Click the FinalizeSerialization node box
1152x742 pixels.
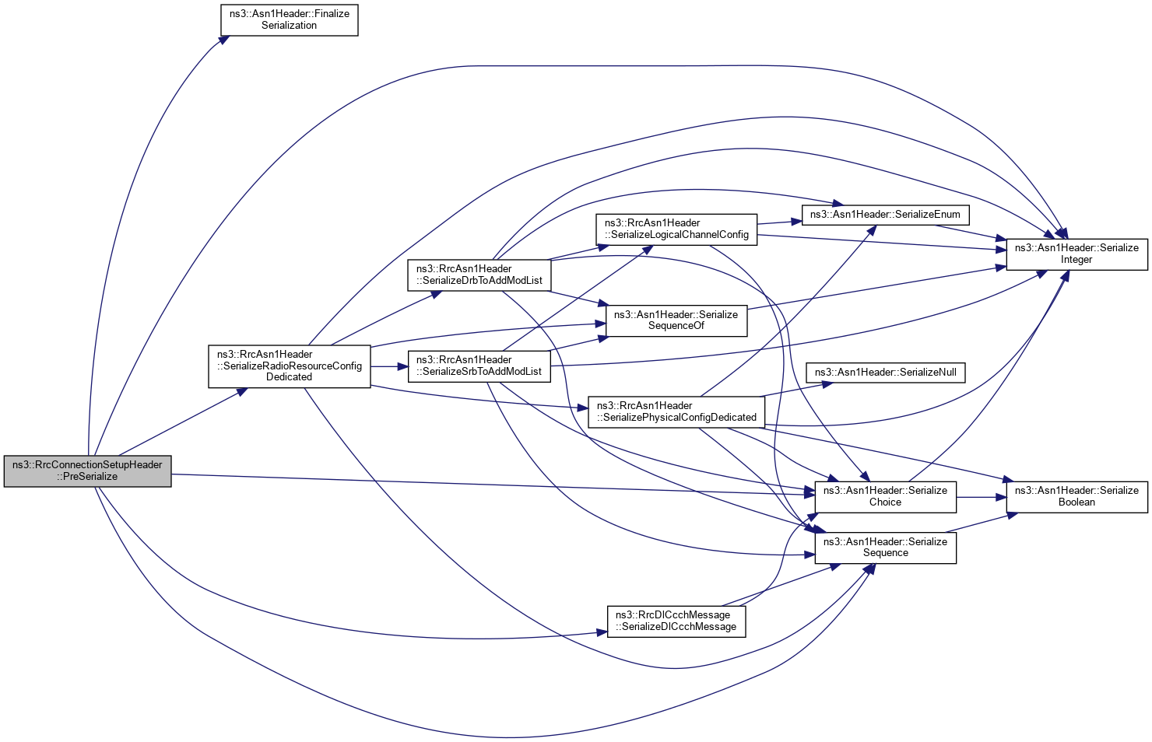[x=289, y=20]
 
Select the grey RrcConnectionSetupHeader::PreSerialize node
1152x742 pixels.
[x=87, y=471]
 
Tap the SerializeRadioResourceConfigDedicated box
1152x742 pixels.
[x=289, y=366]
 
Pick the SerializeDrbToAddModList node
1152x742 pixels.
[x=479, y=275]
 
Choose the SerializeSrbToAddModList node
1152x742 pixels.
[x=479, y=366]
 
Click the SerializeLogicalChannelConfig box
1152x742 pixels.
[x=676, y=229]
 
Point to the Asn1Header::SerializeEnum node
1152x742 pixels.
[x=885, y=215]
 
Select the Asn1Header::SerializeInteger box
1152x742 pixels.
[x=1076, y=254]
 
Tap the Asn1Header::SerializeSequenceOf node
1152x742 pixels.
[x=676, y=320]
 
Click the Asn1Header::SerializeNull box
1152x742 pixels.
[x=885, y=373]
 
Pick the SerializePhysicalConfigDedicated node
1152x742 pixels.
[x=676, y=411]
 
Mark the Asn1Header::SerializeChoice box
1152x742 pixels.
[x=885, y=496]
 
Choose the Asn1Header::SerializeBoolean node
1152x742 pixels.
[x=1076, y=496]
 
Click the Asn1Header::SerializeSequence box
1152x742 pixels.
[x=885, y=548]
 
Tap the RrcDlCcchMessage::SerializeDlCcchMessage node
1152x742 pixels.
[x=676, y=621]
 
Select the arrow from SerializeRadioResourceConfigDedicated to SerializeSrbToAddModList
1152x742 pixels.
[x=389, y=366]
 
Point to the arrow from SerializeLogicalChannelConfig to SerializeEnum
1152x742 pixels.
[x=778, y=222]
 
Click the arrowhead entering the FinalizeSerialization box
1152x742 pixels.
[x=223, y=39]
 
